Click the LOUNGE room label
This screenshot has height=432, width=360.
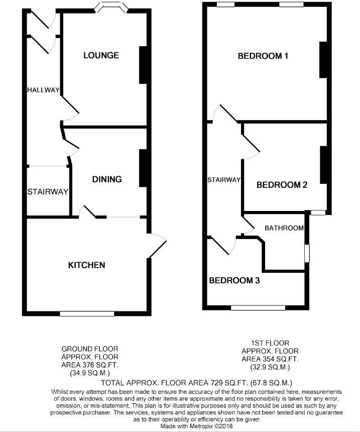[x=101, y=55]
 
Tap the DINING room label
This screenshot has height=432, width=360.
[x=107, y=179]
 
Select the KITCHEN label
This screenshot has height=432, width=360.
[x=86, y=265]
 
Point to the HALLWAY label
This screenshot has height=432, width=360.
[x=43, y=90]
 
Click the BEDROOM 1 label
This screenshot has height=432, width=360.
[x=263, y=56]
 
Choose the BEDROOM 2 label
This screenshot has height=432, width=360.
[x=282, y=185]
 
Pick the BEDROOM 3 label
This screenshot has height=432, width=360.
[x=234, y=280]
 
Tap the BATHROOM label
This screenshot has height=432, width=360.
[x=284, y=228]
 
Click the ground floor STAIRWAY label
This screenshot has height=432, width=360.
[x=48, y=192]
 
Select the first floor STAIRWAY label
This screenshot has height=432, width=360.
[x=224, y=179]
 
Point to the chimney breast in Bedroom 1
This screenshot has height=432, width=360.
[x=323, y=60]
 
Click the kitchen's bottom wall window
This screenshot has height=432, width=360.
[x=87, y=313]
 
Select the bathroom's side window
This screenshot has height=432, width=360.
[x=307, y=253]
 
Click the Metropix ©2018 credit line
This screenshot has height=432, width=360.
[x=196, y=426]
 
